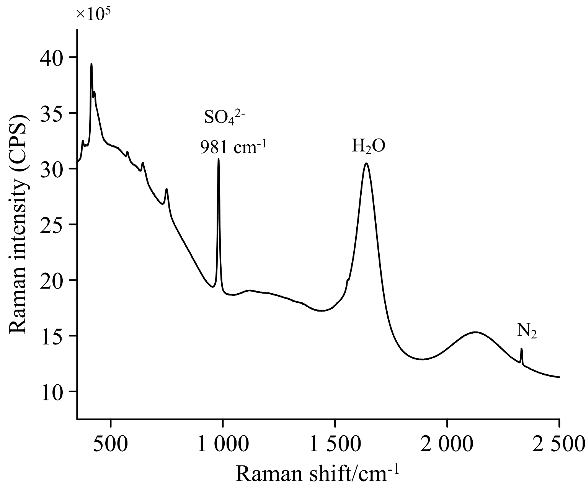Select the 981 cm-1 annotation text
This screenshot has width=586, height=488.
233,146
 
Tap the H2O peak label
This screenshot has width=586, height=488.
368,146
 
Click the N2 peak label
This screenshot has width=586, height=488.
527,331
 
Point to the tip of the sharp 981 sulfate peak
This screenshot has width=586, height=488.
219,159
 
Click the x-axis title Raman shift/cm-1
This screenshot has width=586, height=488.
317,473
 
